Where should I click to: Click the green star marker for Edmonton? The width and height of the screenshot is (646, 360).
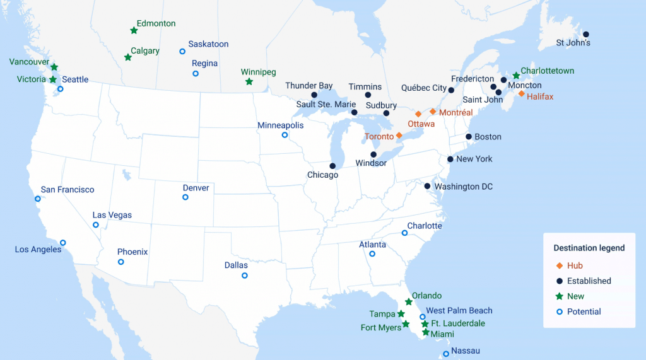coord(134,30)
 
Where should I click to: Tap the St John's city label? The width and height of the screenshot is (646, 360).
coord(573,44)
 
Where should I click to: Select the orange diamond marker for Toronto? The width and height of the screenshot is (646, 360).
coord(399,136)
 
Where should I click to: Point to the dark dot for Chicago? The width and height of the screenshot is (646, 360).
coord(332,166)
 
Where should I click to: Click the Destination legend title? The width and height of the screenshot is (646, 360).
coord(589,248)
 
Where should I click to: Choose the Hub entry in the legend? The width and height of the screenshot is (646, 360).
coord(575,265)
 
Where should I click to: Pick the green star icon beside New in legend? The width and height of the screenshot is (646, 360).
coord(559,296)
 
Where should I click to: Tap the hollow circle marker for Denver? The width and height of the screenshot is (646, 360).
coord(185,197)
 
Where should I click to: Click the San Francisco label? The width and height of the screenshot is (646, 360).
coord(68,190)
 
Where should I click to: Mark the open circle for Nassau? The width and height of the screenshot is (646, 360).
coord(446,354)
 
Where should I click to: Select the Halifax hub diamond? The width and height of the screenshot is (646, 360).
coord(521,93)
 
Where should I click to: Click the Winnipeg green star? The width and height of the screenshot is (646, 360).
coord(249,82)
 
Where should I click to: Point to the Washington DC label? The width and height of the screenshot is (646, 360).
coord(464,187)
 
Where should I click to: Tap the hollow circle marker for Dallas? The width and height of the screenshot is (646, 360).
coord(245,276)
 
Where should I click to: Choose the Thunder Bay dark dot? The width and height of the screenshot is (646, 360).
coord(314,95)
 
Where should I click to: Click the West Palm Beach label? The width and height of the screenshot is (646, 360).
coord(459,310)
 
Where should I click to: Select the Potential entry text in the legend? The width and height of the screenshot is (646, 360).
coord(584,311)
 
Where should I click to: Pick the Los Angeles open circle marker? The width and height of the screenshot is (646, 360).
coord(62,243)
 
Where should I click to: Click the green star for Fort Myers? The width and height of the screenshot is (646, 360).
coord(406,324)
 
